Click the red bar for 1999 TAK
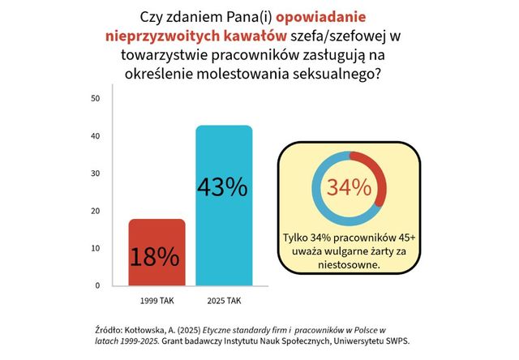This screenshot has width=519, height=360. [x=157, y=251]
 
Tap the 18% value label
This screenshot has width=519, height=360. [x=157, y=257]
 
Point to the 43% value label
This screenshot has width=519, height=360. [x=223, y=187]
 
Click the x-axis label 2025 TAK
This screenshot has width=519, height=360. [x=223, y=301]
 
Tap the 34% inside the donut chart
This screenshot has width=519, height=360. [x=349, y=187]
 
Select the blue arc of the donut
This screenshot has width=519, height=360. [x=320, y=203]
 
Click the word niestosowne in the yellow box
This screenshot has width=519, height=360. [x=350, y=264]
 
